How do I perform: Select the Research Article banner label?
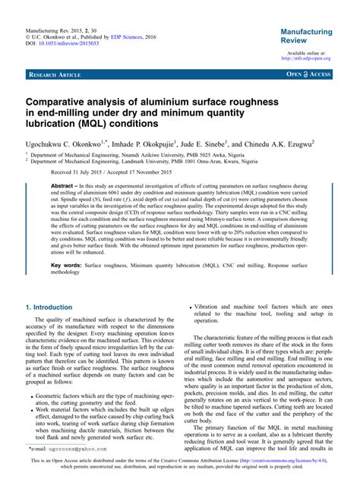pyautogui.click(x=55, y=76)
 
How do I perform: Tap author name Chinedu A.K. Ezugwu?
pyautogui.click(x=297, y=142)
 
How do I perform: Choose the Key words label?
pyautogui.click(x=66, y=266)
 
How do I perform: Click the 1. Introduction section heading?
pyautogui.click(x=49, y=307)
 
